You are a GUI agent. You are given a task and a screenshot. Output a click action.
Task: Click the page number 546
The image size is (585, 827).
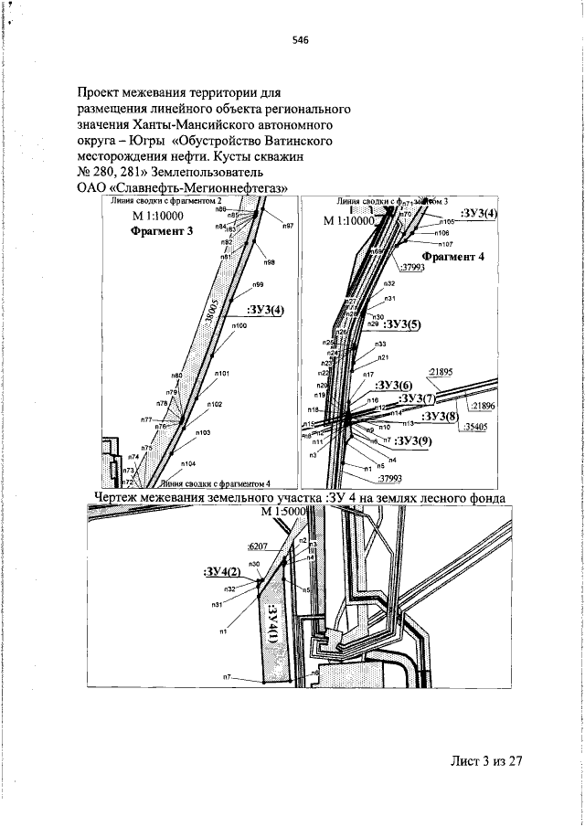coord(300,39)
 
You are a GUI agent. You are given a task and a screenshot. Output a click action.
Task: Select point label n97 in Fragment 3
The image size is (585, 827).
coord(287,225)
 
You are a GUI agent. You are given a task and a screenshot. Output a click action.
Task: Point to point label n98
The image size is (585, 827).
coord(270,262)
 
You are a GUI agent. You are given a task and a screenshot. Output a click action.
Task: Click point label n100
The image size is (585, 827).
coord(239,325)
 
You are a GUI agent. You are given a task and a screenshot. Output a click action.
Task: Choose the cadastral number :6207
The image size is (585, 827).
coord(261,546)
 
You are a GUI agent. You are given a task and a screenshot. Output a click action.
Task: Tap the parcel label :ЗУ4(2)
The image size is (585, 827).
coord(221,571)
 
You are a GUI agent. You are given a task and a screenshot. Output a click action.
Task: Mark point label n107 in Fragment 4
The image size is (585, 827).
coord(446,244)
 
